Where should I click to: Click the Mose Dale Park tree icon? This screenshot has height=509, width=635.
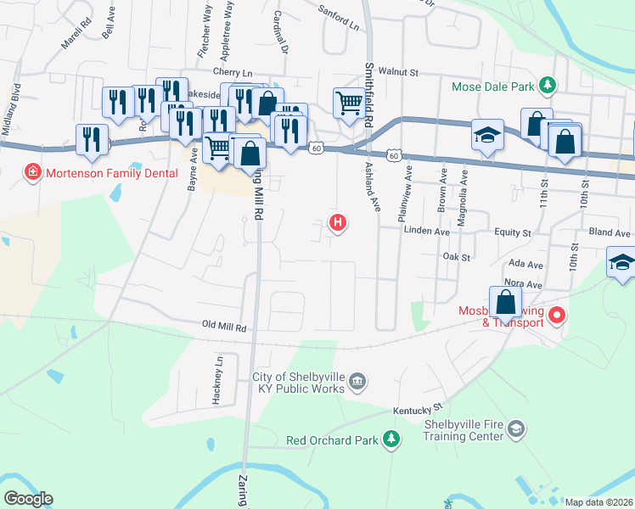(548, 86)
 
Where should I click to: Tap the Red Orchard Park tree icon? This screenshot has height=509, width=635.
(391, 439)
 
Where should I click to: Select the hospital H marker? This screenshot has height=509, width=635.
(338, 223)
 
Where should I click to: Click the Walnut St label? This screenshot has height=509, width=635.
(399, 73)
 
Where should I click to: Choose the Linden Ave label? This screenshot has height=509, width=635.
(426, 231)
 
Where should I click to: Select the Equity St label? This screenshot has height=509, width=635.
(514, 232)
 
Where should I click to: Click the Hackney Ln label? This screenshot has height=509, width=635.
(218, 378)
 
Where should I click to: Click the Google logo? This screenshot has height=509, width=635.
(28, 499)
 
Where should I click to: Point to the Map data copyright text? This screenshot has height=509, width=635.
(598, 502)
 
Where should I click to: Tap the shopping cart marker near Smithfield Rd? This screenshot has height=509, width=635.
(349, 103)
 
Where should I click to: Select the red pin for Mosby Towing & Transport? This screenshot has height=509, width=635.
(557, 316)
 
